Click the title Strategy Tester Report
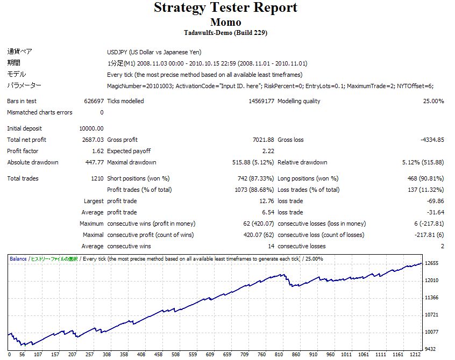pyautogui.click(x=225, y=8)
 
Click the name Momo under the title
pyautogui.click(x=225, y=23)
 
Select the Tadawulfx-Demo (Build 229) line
pyautogui.click(x=225, y=33)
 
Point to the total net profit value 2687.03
pyautogui.click(x=92, y=140)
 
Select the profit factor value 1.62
pyautogui.click(x=97, y=151)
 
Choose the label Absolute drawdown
pyautogui.click(x=33, y=162)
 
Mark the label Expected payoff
pyautogui.click(x=129, y=151)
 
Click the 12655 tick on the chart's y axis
pyautogui.click(x=432, y=263)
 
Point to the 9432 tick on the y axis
pyautogui.click(x=430, y=349)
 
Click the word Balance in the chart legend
pyautogui.click(x=18, y=259)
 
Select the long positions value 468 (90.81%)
pyautogui.click(x=425, y=178)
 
